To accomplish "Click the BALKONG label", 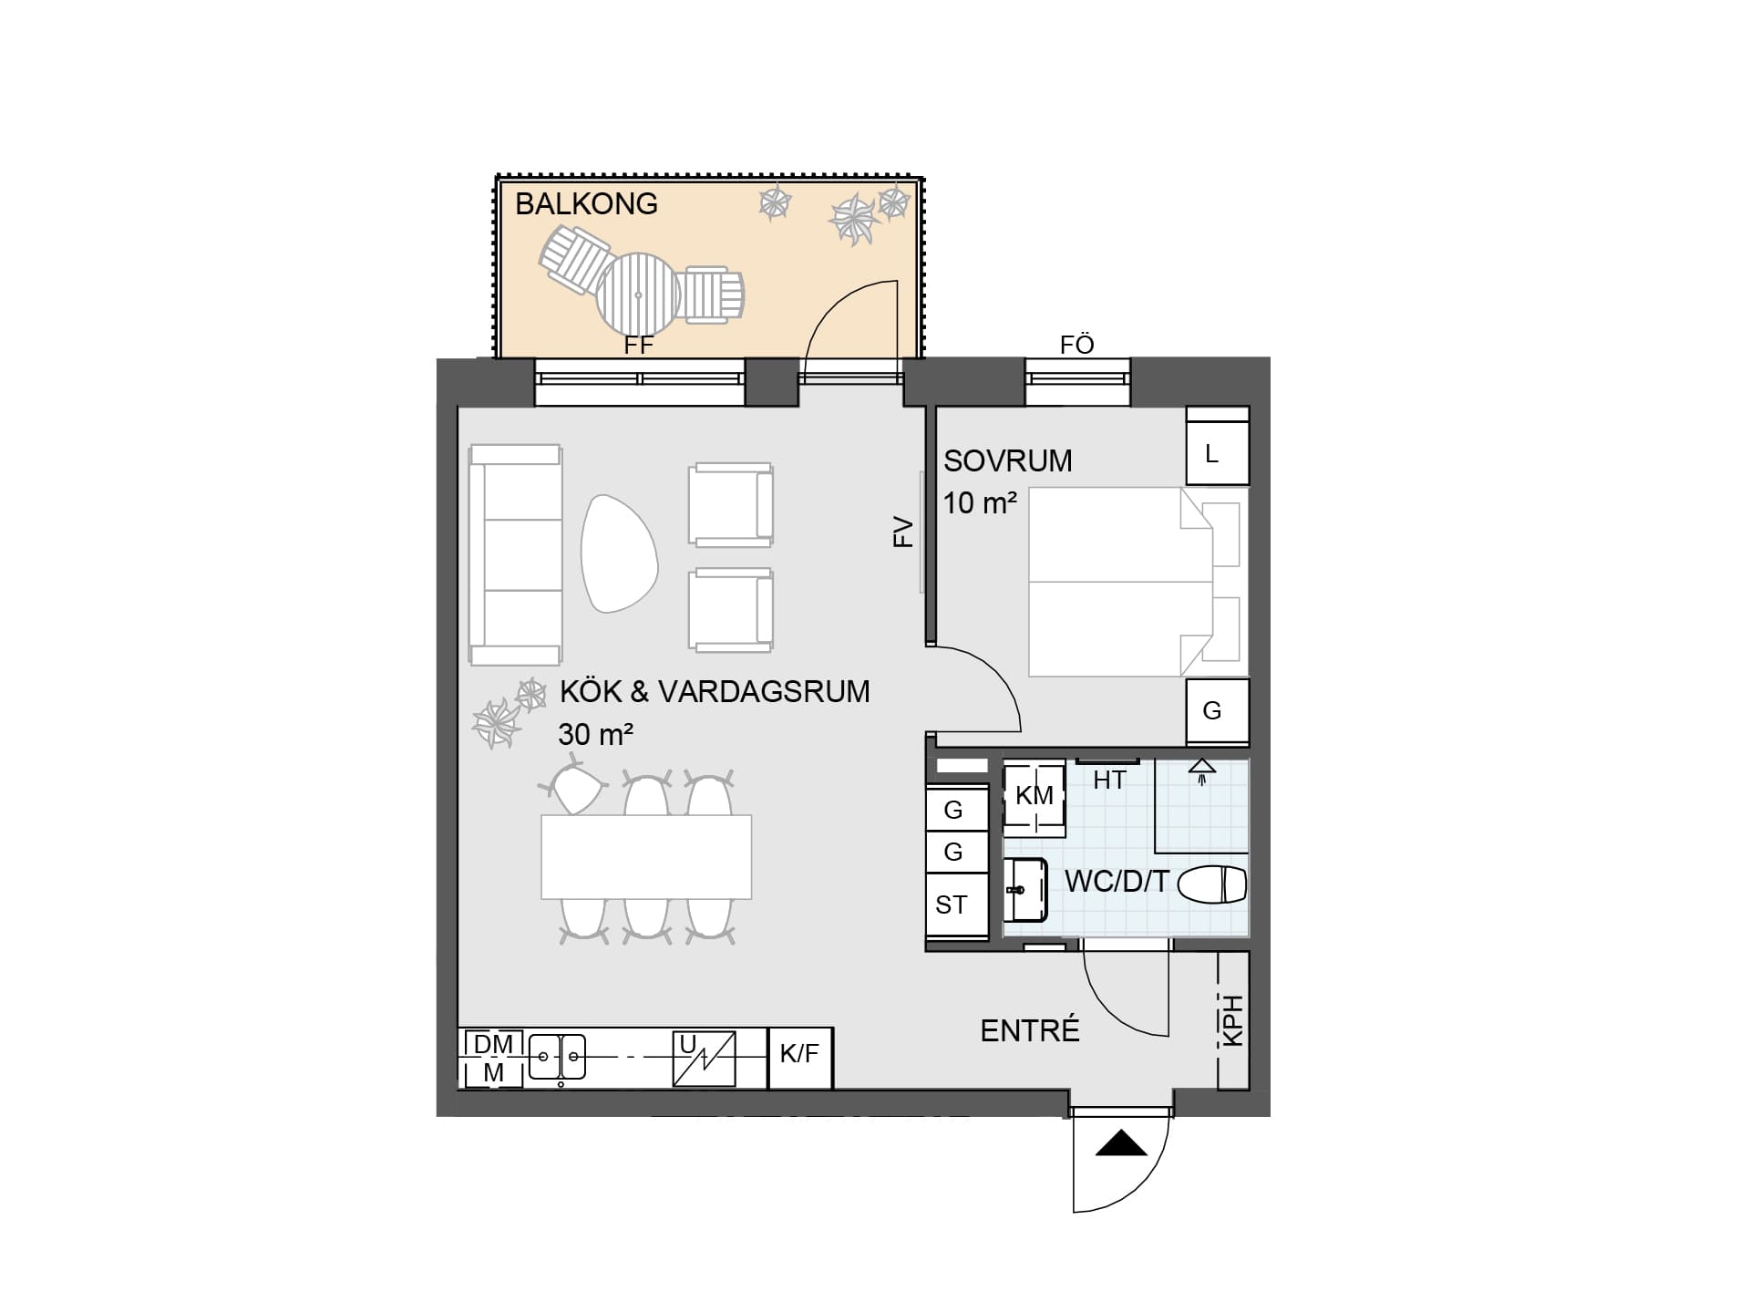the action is point(586,203).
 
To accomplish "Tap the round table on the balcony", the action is point(638,295).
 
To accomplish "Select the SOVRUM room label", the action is point(1007,461).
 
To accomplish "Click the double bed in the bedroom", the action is point(1135,582).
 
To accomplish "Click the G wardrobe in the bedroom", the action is point(1217,711).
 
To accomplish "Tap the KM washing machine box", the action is point(1035,797).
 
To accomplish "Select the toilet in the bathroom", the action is point(1212,884).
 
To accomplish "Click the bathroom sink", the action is point(1026,889).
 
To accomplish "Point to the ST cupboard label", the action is point(951,905).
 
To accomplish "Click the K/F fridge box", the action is point(800,1058).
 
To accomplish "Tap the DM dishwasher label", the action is point(494,1044).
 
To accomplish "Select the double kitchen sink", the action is point(558,1058).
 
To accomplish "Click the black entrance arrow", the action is point(1121,1143).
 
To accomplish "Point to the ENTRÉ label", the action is point(1030,1030).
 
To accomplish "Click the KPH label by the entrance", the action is point(1233,1020).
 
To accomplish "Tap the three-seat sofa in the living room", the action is point(515,555).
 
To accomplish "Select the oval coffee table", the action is point(620,553).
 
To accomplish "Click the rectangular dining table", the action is point(646,857).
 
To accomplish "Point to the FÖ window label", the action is point(1077,345).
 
